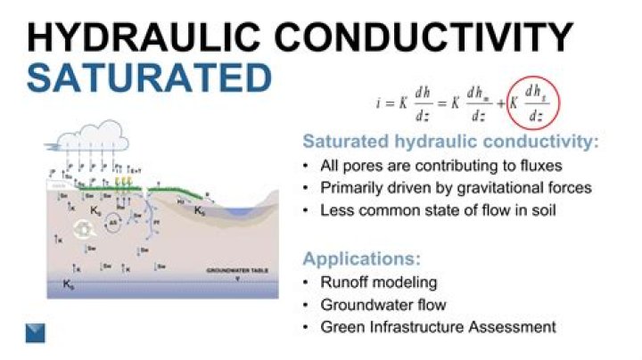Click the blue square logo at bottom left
(x=36, y=333)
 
